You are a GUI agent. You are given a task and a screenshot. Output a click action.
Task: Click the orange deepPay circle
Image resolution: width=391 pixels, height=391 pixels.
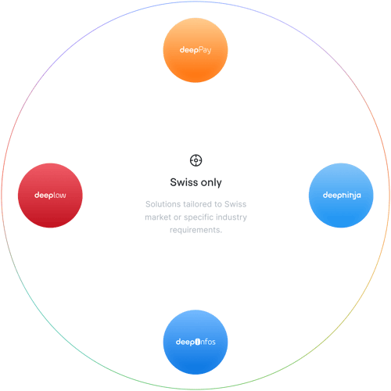click(x=195, y=50)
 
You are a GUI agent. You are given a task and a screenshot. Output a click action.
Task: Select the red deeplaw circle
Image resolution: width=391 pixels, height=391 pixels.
click(x=50, y=195)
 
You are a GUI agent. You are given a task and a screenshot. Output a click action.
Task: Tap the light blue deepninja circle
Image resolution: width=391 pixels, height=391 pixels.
click(x=341, y=195)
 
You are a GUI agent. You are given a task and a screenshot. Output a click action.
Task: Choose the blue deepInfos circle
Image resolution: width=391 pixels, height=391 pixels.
click(x=195, y=342)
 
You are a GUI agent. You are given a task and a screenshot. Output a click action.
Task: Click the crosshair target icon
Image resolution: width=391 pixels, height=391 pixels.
click(x=195, y=160)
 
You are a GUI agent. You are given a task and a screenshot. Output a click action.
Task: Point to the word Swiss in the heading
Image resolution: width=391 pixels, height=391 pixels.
click(x=184, y=182)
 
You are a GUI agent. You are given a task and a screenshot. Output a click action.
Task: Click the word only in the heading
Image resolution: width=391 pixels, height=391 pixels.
click(x=211, y=183)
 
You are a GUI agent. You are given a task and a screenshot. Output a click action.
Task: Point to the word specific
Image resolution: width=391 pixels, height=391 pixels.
click(x=199, y=217)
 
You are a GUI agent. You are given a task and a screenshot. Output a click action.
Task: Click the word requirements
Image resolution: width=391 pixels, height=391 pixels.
click(x=195, y=230)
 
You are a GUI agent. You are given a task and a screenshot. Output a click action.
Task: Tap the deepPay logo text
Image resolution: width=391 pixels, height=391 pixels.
click(x=195, y=50)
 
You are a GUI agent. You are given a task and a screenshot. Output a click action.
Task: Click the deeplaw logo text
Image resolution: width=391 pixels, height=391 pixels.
click(x=50, y=195)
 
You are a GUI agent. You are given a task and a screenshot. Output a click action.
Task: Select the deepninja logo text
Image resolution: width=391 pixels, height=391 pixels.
click(x=342, y=195)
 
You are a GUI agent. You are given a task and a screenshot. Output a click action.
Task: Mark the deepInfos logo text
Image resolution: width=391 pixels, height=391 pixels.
click(x=195, y=342)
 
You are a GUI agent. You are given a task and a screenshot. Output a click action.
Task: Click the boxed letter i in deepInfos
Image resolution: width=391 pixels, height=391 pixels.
click(x=198, y=342)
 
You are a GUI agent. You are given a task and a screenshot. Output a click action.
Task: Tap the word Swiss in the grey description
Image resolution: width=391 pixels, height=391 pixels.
click(x=235, y=204)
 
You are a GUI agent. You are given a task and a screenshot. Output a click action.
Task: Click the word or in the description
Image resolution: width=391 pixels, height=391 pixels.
click(x=178, y=217)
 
